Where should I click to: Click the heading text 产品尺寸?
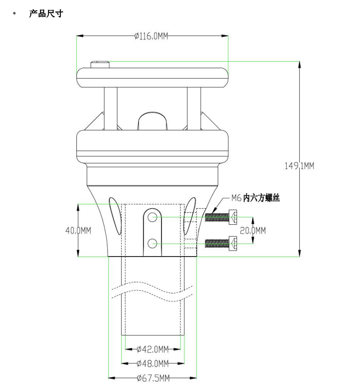46,14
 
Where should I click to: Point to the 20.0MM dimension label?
253,230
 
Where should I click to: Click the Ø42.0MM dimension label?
152,349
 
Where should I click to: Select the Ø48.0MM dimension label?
152,363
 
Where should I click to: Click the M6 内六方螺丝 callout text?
255,198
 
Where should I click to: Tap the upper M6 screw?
222,216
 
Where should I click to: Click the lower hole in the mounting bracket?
153,243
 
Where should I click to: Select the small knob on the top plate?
100,64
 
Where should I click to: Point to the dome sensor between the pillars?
152,121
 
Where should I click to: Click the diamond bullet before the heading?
14,13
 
